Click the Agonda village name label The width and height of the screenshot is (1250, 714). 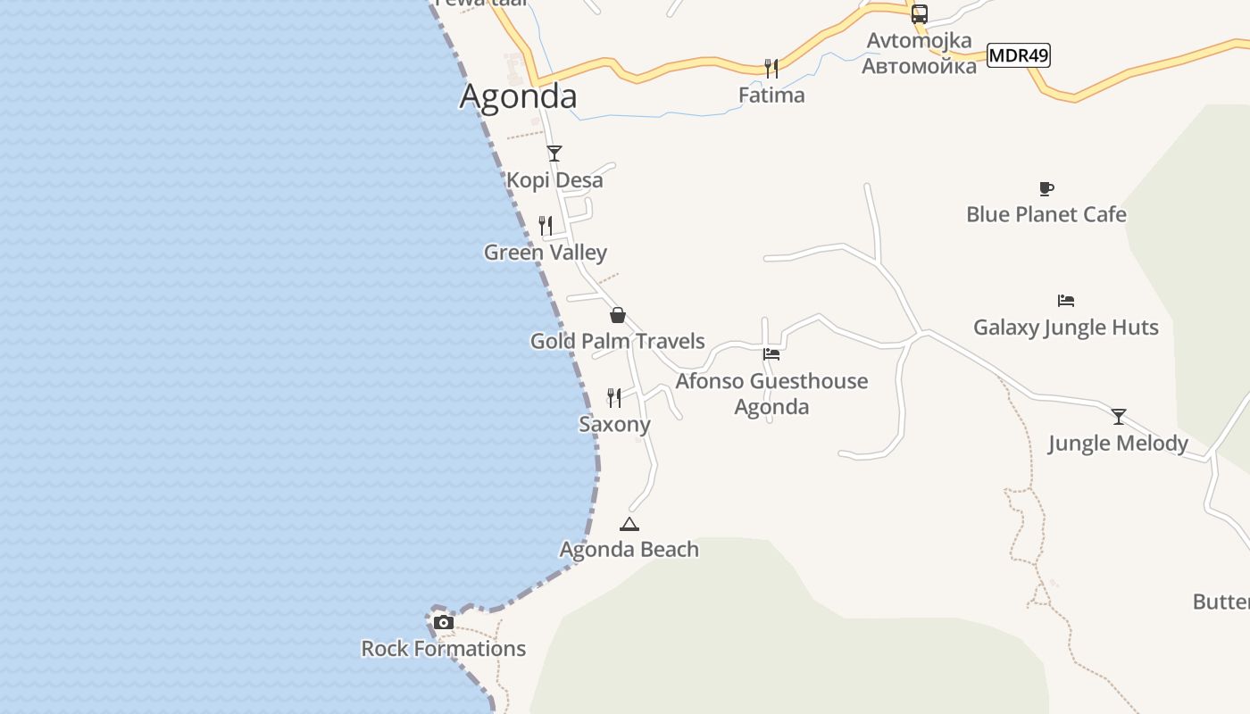(x=518, y=96)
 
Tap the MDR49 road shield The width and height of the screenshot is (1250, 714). (x=1019, y=55)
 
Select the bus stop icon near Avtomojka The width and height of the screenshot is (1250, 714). (x=920, y=14)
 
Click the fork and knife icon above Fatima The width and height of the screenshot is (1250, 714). (x=771, y=68)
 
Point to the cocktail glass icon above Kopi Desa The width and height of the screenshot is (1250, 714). (x=554, y=154)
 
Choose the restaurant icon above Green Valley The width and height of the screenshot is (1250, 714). (x=546, y=225)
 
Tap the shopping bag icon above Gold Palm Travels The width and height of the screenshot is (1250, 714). (x=617, y=315)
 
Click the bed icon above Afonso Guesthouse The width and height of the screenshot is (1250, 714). (x=771, y=354)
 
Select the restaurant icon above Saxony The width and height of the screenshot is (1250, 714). (x=614, y=397)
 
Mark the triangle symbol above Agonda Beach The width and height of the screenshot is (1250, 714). (x=629, y=524)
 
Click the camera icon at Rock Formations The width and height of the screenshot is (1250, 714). (x=444, y=622)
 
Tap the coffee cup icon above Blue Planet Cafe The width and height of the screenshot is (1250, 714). (x=1046, y=188)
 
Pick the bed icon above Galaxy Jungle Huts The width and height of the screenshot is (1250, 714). (x=1065, y=301)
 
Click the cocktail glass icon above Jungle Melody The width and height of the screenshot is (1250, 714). (x=1119, y=417)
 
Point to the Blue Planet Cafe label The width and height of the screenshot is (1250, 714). (x=1046, y=215)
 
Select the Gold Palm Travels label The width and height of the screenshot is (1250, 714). (x=618, y=341)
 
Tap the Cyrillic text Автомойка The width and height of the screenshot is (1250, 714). (x=919, y=66)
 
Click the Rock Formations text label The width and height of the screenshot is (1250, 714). (x=444, y=649)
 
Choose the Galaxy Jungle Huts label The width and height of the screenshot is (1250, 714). (x=1066, y=328)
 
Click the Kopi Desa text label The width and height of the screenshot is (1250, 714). (x=554, y=180)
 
